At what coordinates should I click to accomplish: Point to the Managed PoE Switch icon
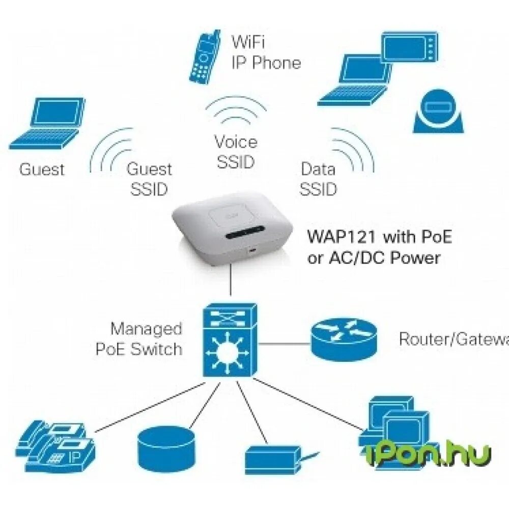click(230, 340)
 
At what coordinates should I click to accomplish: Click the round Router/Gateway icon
click(343, 338)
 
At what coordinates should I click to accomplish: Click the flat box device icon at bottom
click(272, 459)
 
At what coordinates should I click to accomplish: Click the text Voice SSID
click(235, 151)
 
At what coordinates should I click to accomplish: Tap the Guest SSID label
click(149, 179)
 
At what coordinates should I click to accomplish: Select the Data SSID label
click(318, 179)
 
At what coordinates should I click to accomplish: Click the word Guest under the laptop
click(42, 169)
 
